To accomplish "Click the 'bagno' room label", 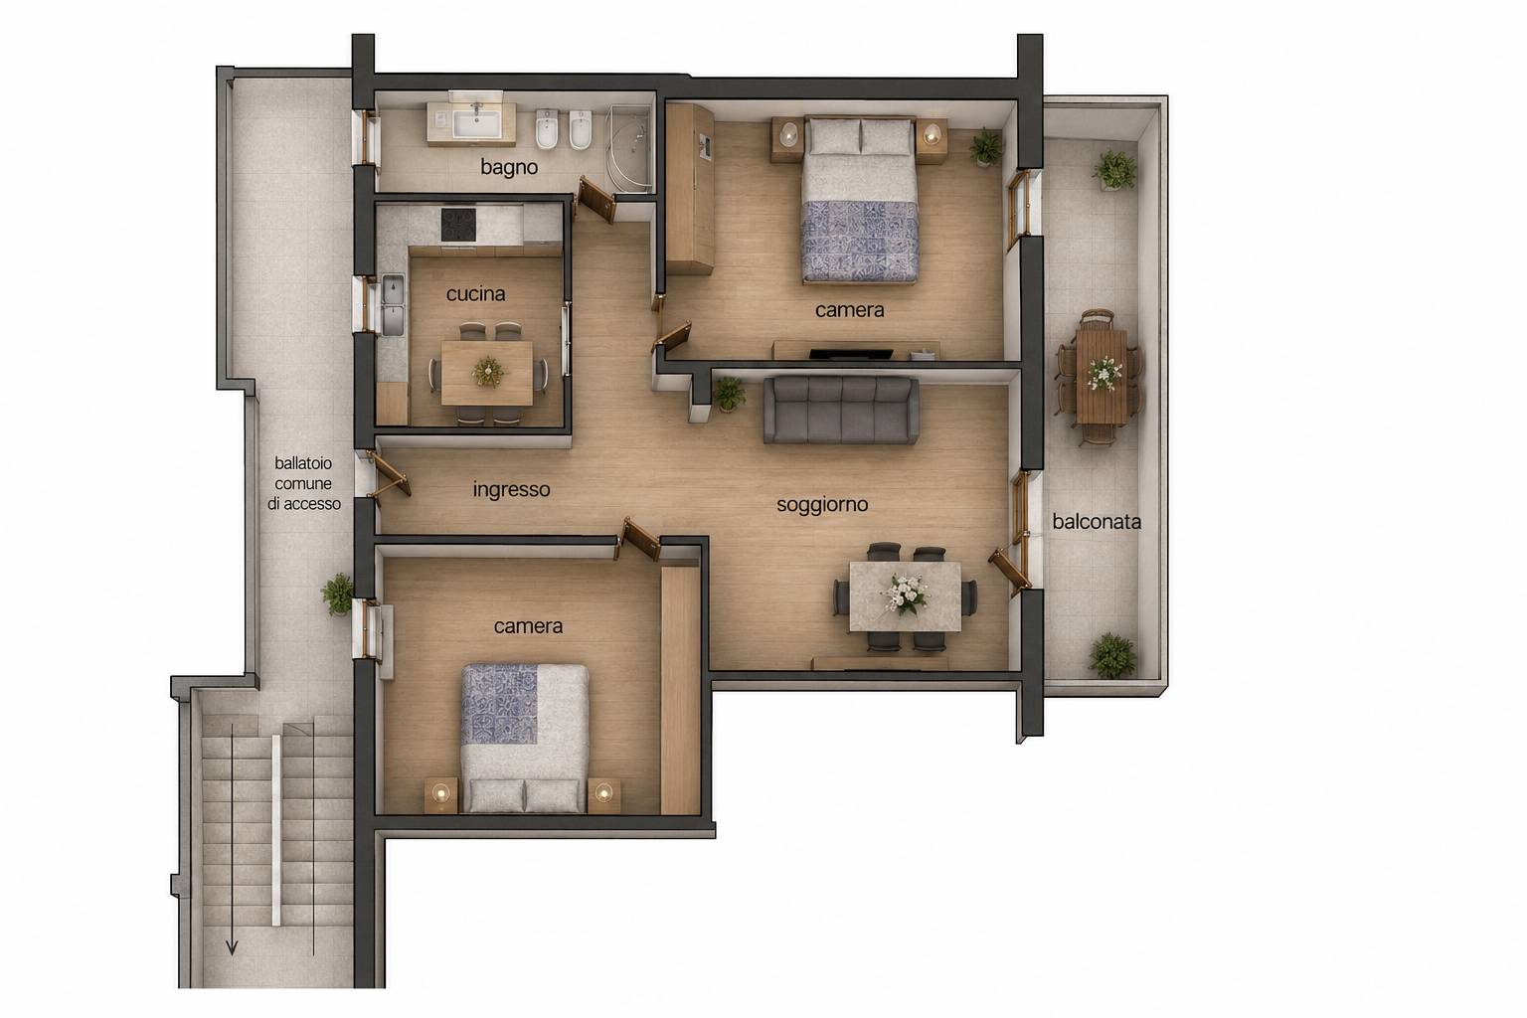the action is click(509, 167).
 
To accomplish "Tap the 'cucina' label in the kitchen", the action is click(476, 294).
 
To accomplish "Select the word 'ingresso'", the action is click(511, 489).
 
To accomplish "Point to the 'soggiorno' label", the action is click(822, 505).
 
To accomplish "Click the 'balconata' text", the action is click(1097, 522).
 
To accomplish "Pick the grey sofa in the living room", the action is click(840, 411).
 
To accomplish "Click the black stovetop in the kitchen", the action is click(458, 225).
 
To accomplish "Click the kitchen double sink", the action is click(393, 305).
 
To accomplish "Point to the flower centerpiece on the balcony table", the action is click(1103, 373).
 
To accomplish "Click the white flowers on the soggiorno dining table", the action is click(906, 594).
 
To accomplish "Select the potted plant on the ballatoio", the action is click(338, 594).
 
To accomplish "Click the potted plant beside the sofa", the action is click(728, 395).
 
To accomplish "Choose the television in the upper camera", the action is click(851, 353).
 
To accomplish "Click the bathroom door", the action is click(595, 199).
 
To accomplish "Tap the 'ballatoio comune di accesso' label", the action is click(304, 483).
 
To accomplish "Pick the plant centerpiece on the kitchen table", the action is click(488, 372).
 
